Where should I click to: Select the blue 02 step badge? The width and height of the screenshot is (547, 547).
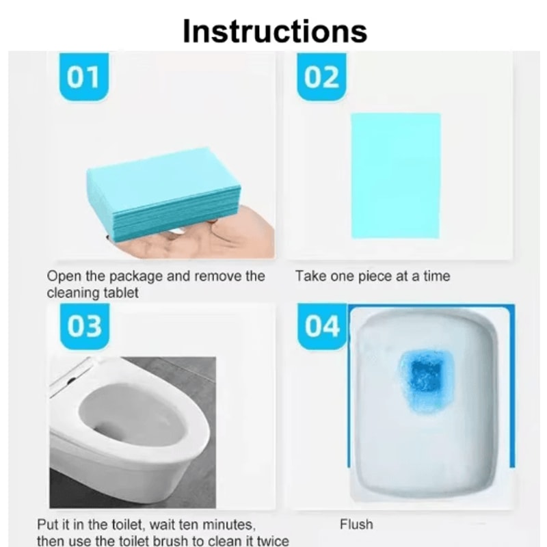tap(321, 77)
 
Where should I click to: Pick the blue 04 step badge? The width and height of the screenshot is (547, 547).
tap(322, 327)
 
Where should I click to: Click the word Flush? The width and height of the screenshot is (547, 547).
tap(356, 524)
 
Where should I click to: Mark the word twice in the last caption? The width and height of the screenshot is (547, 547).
tap(271, 541)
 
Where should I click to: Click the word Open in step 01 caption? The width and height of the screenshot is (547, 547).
tap(62, 277)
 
